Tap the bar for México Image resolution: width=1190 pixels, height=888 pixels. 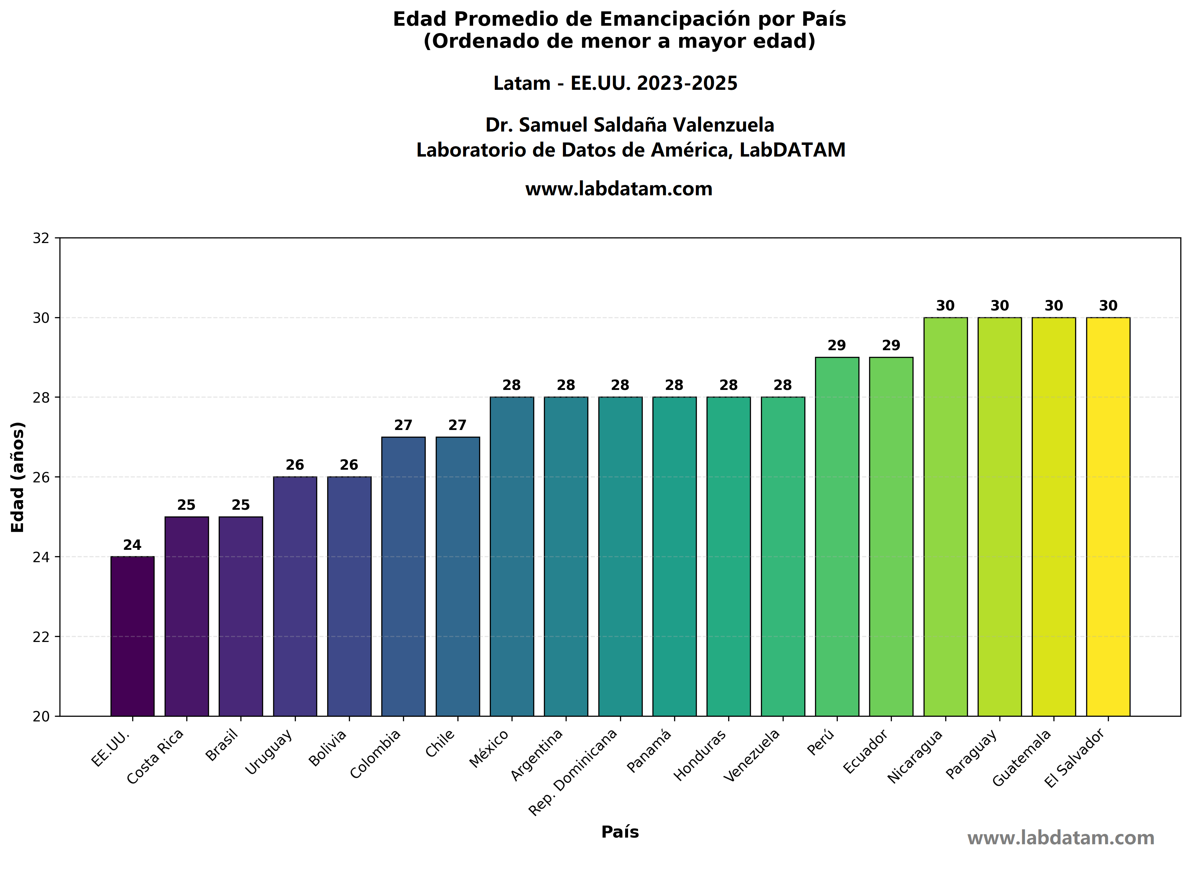512,557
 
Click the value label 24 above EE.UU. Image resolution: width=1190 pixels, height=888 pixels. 132,545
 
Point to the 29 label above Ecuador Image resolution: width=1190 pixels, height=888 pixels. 891,345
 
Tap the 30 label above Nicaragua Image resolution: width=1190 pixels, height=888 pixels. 946,305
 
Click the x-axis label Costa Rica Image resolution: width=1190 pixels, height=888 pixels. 156,756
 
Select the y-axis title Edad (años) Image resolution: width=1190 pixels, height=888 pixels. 18,477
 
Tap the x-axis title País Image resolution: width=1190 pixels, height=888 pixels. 620,832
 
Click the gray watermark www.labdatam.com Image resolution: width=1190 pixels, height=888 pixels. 1060,838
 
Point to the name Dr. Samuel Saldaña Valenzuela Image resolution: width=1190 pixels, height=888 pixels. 629,125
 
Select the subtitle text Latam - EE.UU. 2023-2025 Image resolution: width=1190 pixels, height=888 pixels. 615,83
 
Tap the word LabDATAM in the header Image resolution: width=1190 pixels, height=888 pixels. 792,150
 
